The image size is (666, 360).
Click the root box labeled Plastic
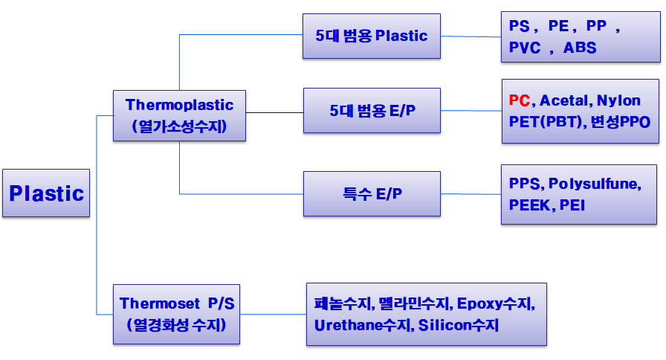point(46,193)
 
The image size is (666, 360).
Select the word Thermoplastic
point(179,105)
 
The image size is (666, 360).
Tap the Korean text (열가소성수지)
point(179,126)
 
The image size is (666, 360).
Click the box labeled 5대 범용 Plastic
point(371,36)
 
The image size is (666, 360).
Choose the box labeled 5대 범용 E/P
point(372,111)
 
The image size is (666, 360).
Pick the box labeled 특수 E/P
point(372,194)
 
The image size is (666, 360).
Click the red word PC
point(519,100)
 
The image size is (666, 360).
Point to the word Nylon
point(618,100)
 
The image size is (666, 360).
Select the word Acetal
point(563,100)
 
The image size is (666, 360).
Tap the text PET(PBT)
point(546,121)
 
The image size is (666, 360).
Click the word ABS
point(580,47)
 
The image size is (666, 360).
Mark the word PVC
point(525,47)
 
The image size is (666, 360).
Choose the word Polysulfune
point(593,184)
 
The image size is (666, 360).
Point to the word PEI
point(572,205)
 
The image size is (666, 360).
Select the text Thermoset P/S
point(177,303)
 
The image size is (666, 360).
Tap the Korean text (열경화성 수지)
point(176,325)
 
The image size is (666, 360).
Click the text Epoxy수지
point(494,303)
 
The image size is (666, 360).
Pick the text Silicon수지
point(459,325)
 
